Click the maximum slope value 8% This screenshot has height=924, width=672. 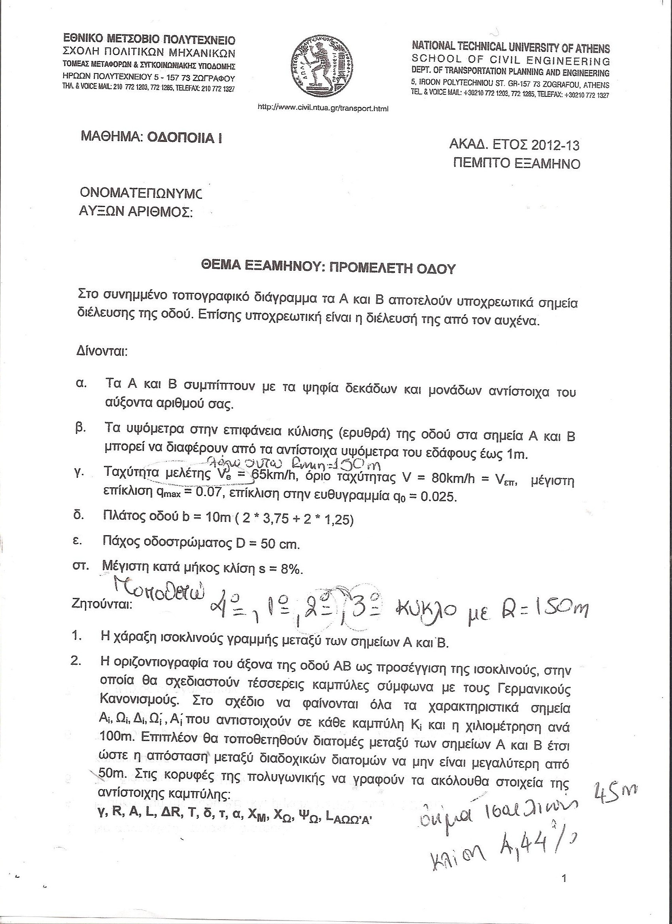pos(290,569)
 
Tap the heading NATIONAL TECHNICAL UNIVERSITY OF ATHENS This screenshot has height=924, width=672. pos(511,48)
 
